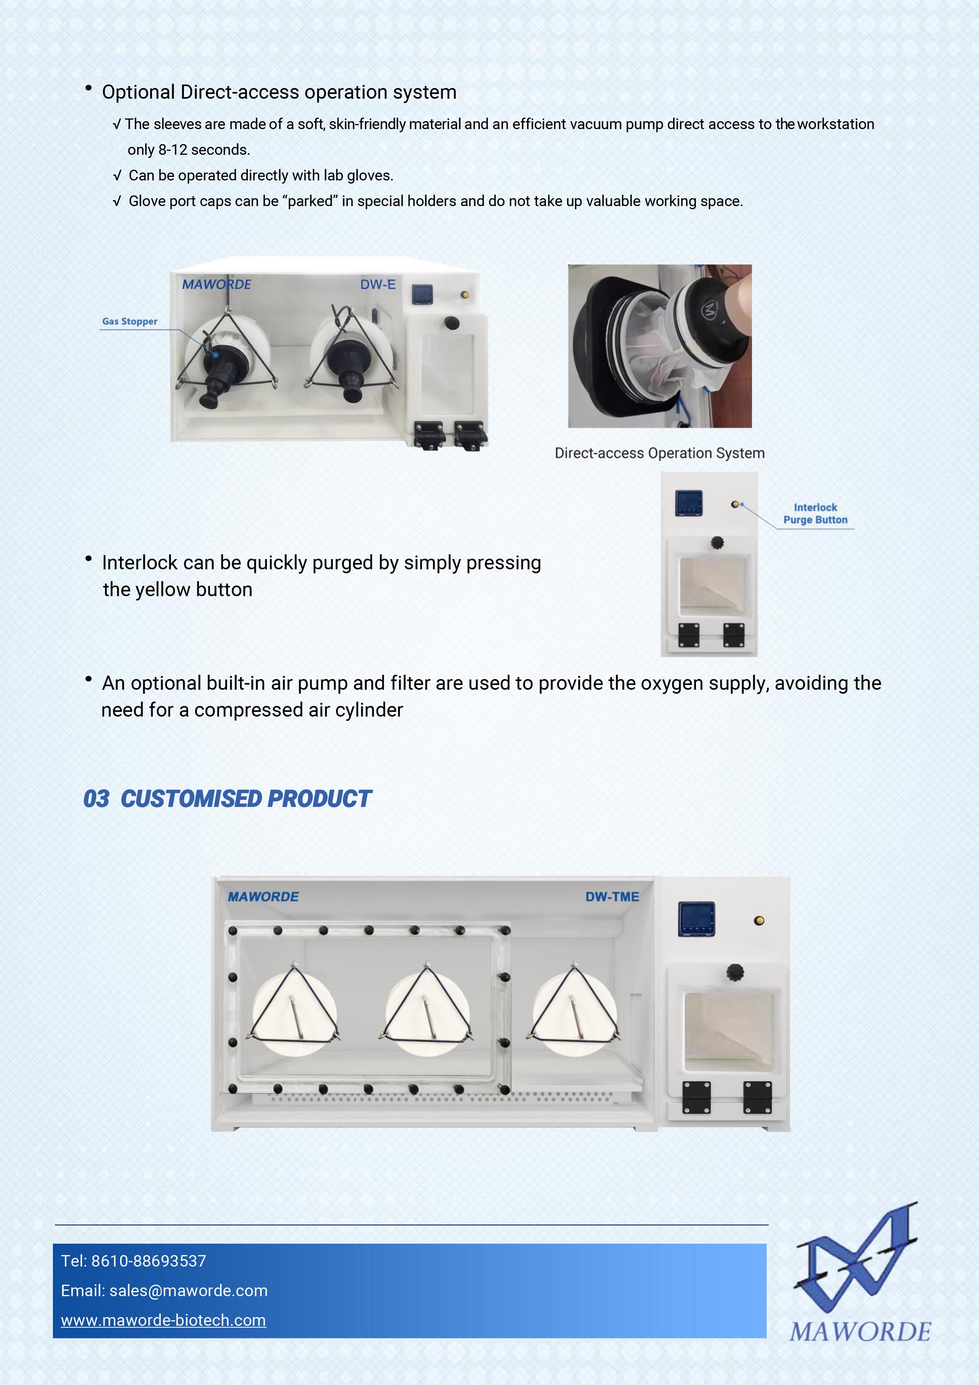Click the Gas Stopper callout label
click(130, 321)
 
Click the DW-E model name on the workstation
click(378, 285)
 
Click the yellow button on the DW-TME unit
click(760, 921)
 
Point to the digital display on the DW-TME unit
click(697, 919)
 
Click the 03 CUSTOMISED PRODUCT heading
click(227, 799)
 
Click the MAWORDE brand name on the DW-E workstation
click(217, 285)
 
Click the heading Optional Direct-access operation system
click(279, 92)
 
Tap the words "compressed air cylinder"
click(298, 710)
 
